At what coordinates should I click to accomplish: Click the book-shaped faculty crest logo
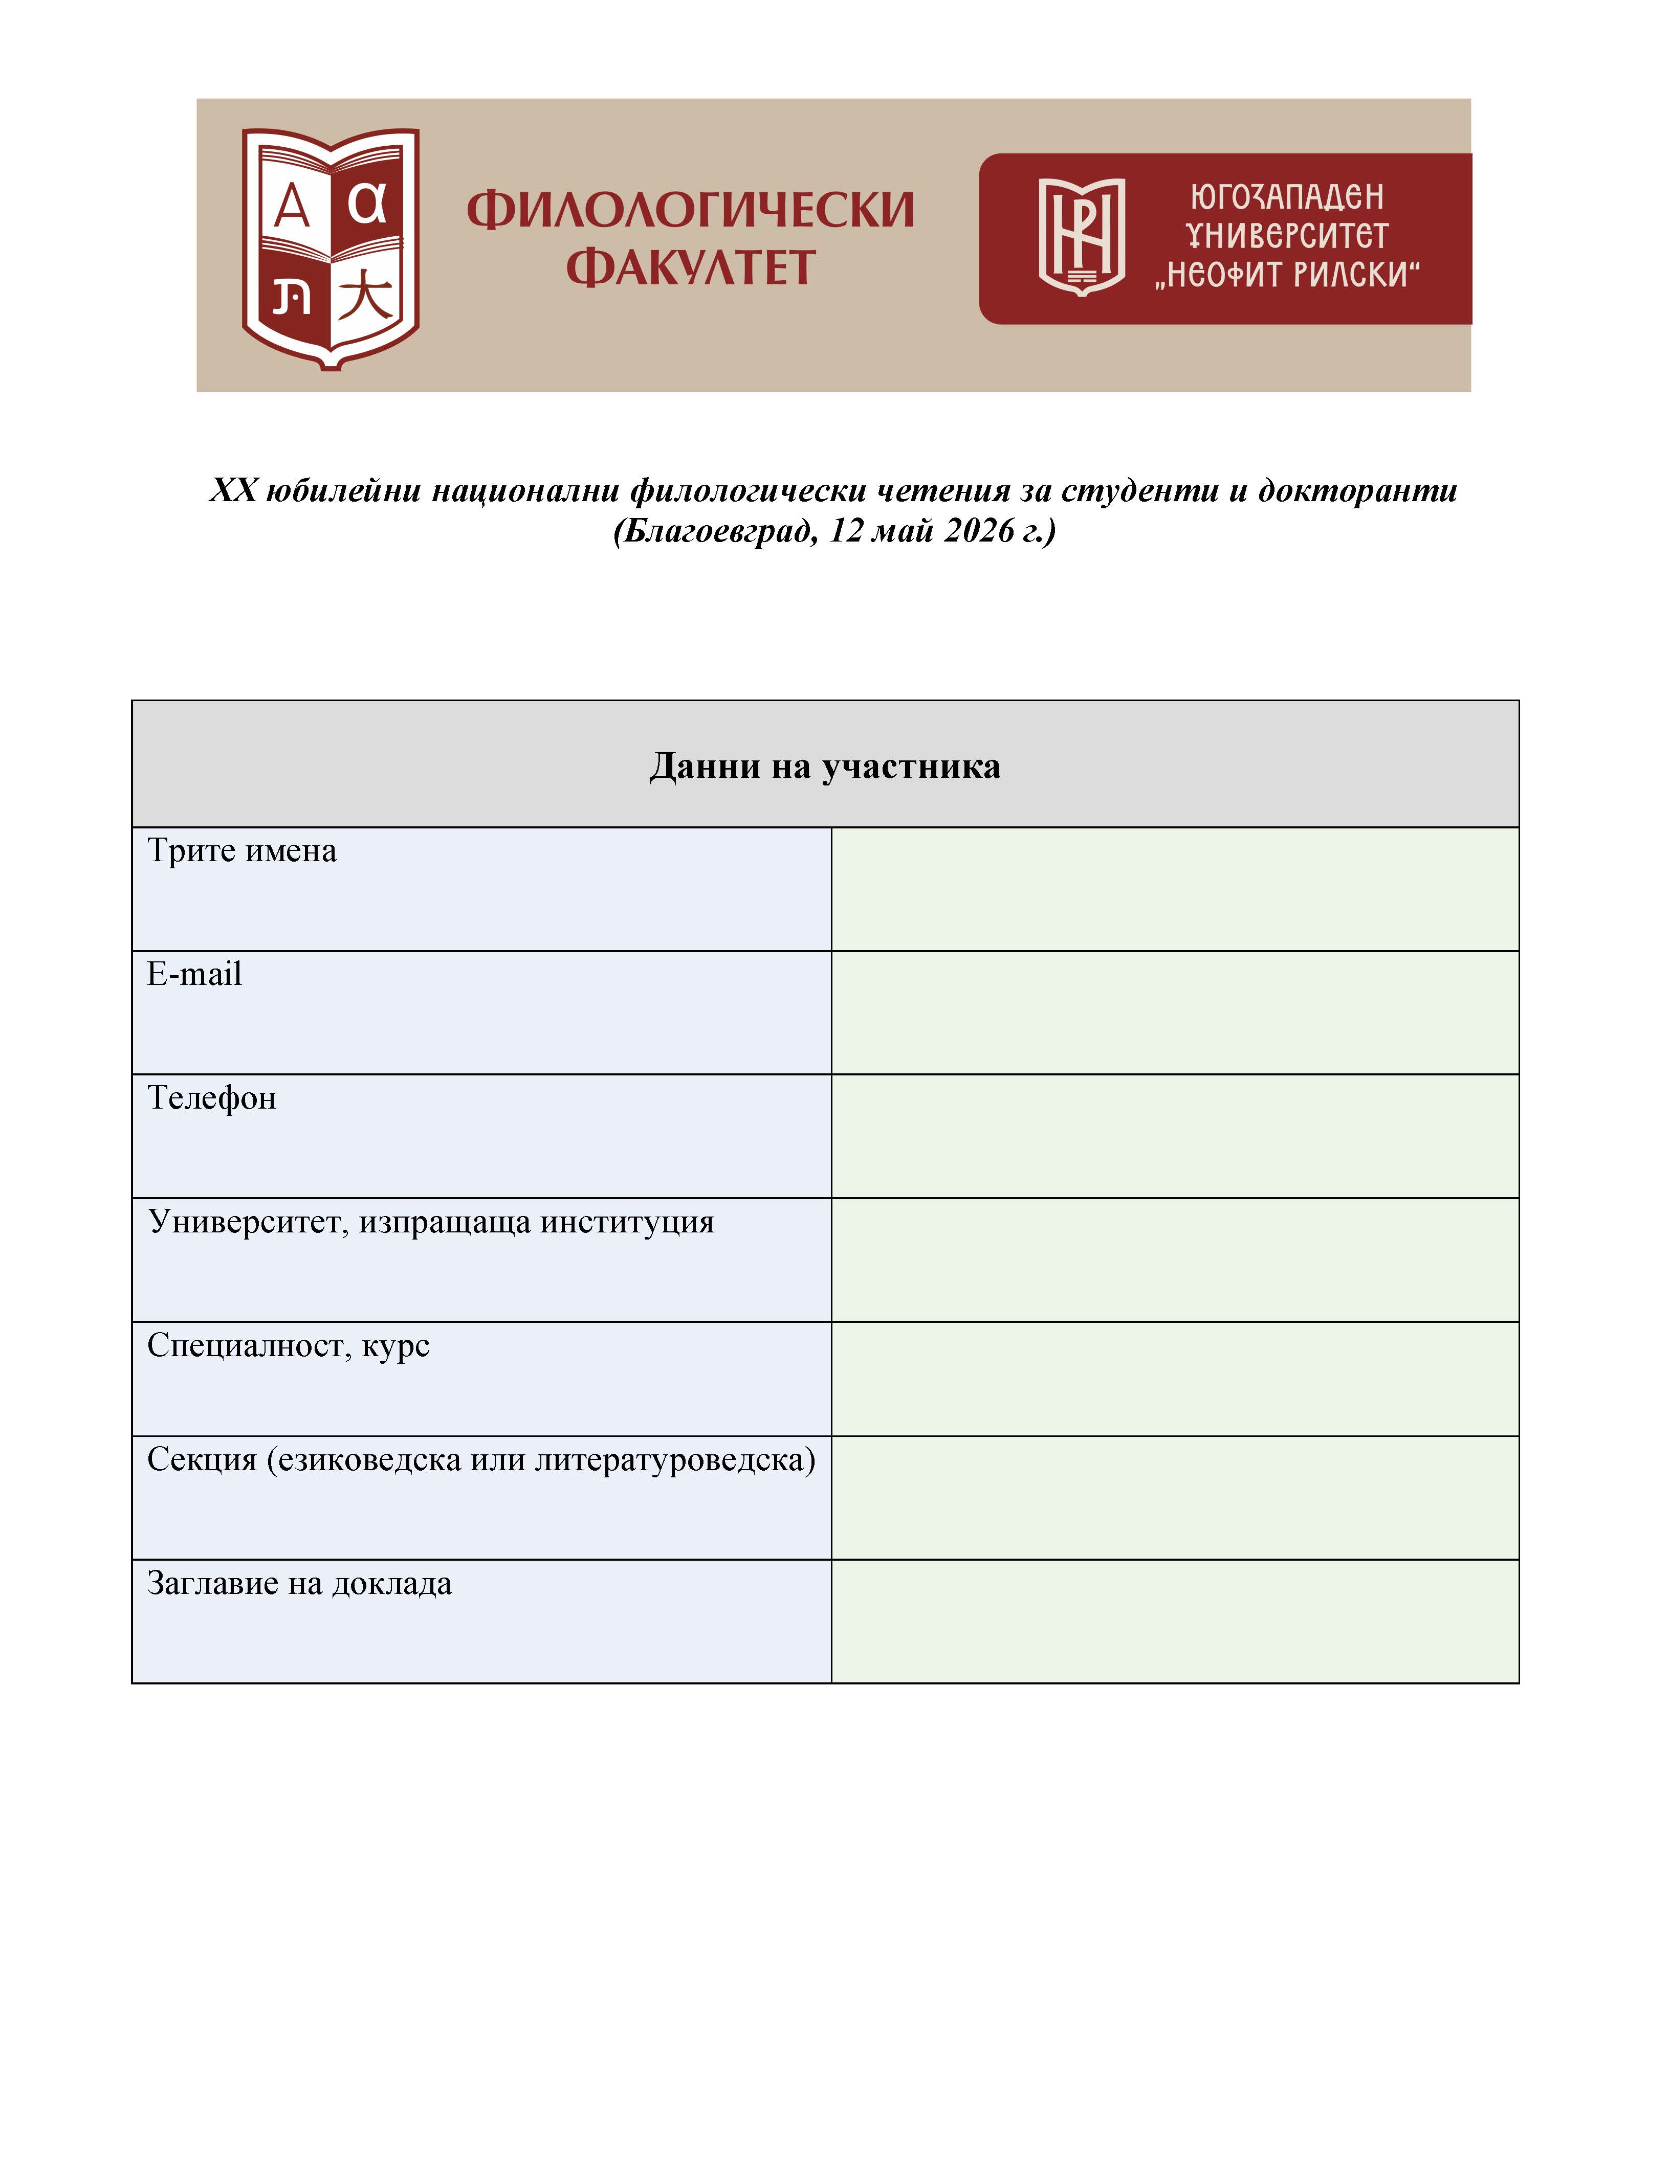pyautogui.click(x=331, y=247)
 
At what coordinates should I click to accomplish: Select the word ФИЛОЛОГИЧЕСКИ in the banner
pyautogui.click(x=690, y=210)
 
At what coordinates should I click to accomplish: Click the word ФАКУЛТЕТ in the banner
pyautogui.click(x=690, y=268)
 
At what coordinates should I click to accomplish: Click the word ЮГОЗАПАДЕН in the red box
pyautogui.click(x=1286, y=197)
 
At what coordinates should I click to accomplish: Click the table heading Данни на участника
pyautogui.click(x=824, y=767)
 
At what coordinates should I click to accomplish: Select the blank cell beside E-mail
pyautogui.click(x=1174, y=1012)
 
